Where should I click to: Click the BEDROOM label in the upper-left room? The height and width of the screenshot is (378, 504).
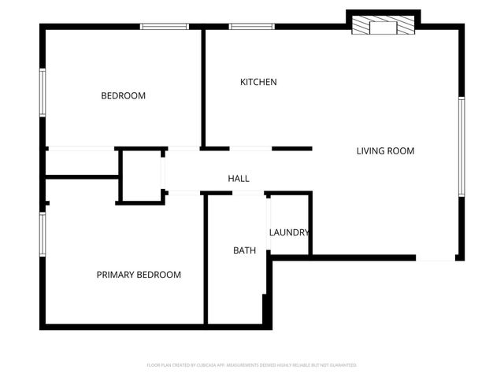pyautogui.click(x=123, y=96)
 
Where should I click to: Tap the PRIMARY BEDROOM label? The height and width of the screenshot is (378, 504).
pyautogui.click(x=139, y=275)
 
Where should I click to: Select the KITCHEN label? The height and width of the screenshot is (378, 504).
pyautogui.click(x=258, y=82)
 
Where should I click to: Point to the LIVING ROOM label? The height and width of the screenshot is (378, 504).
pyautogui.click(x=385, y=151)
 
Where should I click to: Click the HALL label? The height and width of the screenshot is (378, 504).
pyautogui.click(x=239, y=179)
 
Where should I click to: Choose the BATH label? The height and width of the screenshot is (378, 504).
pyautogui.click(x=244, y=250)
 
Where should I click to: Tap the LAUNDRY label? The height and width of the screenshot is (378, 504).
pyautogui.click(x=289, y=232)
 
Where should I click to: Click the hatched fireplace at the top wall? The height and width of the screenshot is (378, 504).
pyautogui.click(x=384, y=26)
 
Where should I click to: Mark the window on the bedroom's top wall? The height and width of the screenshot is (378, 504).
pyautogui.click(x=164, y=27)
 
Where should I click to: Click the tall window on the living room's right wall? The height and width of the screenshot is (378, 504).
pyautogui.click(x=461, y=145)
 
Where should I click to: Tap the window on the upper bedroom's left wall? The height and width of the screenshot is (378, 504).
pyautogui.click(x=43, y=93)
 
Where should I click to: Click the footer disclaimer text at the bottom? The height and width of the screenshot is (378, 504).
pyautogui.click(x=252, y=365)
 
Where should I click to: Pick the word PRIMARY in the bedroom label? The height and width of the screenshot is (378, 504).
pyautogui.click(x=116, y=275)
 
